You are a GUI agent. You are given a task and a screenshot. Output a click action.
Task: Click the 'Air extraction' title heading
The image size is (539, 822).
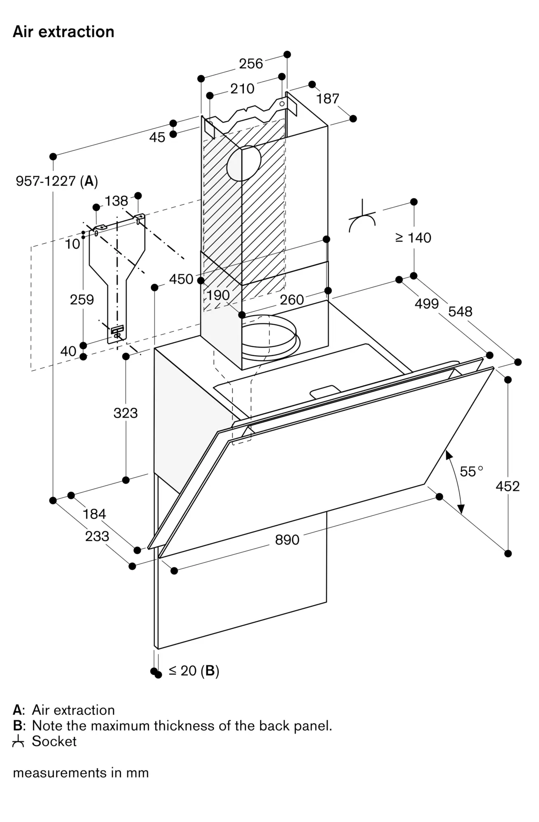pos(63,32)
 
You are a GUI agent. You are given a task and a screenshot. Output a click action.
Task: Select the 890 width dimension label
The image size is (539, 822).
pos(287,539)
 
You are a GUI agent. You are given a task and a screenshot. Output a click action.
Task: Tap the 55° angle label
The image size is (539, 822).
pos(471,471)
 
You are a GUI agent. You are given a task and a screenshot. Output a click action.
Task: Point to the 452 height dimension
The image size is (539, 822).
pos(507,486)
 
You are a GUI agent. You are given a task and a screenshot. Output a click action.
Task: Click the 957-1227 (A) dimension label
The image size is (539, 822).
pos(57,181)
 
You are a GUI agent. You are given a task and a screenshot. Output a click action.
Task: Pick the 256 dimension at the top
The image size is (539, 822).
pos(251,63)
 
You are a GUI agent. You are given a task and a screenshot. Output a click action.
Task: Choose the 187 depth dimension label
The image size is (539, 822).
pos(328,99)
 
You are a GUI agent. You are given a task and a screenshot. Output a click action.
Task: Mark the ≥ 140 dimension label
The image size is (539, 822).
pos(413,238)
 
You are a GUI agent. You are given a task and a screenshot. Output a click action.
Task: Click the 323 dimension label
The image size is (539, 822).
pos(125,413)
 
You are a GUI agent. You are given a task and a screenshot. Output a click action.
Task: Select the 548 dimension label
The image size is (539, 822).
pos(460,312)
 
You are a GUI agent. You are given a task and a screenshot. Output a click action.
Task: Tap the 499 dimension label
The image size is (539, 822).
pos(427,304)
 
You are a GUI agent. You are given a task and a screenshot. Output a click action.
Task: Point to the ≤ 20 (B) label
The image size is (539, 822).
pos(194,670)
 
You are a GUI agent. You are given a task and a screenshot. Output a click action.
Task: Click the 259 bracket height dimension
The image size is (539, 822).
pos(82,299)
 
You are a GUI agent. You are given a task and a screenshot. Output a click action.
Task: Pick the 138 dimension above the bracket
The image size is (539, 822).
pos(116,201)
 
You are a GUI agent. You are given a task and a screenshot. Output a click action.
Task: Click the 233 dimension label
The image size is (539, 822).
pos(97,536)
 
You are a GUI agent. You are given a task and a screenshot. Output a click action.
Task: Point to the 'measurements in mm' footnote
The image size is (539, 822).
pos(81,773)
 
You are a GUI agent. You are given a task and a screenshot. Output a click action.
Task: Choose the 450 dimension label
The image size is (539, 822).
pos(181,279)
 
